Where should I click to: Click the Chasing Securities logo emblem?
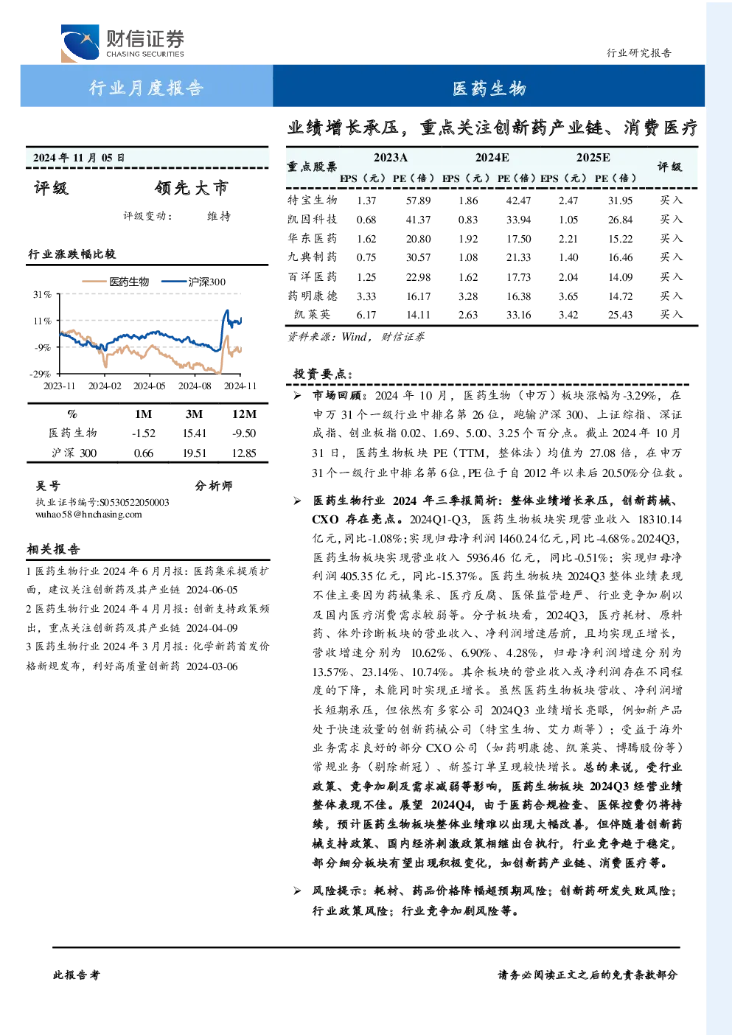[80, 43]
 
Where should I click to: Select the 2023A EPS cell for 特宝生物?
[366, 201]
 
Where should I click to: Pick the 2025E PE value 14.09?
[620, 276]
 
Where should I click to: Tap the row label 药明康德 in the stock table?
[313, 296]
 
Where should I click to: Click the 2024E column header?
[492, 158]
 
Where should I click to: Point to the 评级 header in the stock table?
[669, 167]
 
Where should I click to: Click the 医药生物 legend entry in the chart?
[116, 282]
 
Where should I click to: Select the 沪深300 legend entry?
[194, 282]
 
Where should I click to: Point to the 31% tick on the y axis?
[42, 294]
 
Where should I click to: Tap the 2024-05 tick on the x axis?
[149, 386]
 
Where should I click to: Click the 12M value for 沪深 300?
[244, 453]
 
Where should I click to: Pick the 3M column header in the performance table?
[194, 414]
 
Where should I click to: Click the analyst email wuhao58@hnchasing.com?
[88, 515]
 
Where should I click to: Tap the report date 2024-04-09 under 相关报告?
[212, 628]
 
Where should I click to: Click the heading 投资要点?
[323, 374]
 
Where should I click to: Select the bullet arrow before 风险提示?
[297, 891]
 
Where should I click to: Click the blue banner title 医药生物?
[489, 88]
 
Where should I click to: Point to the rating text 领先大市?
[192, 188]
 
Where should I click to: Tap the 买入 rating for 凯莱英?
[671, 314]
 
